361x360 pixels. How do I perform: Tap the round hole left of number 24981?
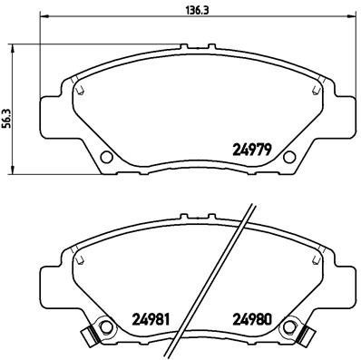point(104,325)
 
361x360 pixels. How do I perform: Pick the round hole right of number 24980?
point(290,325)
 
